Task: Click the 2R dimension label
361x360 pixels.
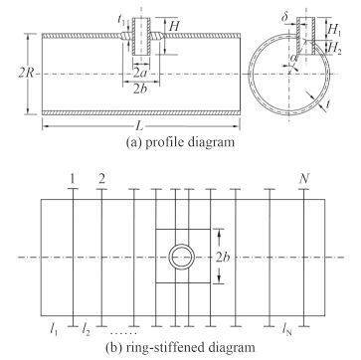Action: click(x=26, y=73)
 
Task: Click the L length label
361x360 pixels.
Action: click(x=140, y=126)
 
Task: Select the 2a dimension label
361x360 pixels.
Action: click(x=141, y=74)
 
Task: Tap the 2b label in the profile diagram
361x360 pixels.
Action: click(x=140, y=90)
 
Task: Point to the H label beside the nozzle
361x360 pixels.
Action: click(x=174, y=26)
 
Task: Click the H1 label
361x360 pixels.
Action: click(x=334, y=31)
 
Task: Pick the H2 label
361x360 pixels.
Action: click(x=334, y=49)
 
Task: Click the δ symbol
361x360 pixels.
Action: click(x=284, y=17)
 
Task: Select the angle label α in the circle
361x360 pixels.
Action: click(x=292, y=59)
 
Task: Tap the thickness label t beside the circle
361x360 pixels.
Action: click(x=327, y=104)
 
